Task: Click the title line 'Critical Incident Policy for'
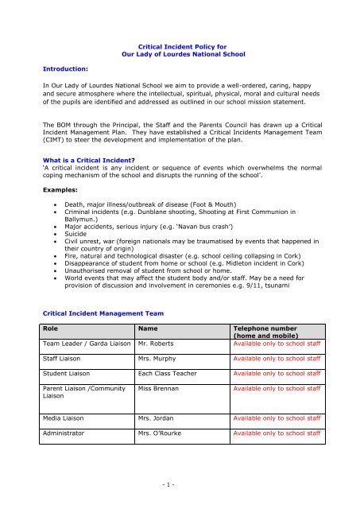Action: point(179,48)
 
